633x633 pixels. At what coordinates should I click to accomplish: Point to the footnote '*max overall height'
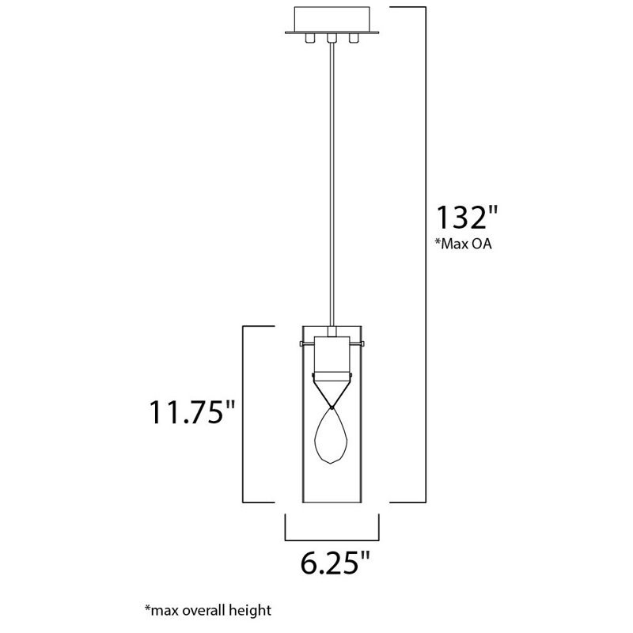tap(208, 610)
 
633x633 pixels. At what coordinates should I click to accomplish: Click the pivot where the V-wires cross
tap(332, 407)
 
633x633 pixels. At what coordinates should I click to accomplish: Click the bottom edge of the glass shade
tap(332, 502)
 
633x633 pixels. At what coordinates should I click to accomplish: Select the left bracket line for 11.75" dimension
tap(242, 413)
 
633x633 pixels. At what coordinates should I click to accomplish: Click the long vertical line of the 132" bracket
tap(427, 253)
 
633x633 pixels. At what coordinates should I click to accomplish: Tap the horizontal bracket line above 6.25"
tap(332, 536)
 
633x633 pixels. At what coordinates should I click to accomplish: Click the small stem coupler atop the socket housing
tap(332, 330)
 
